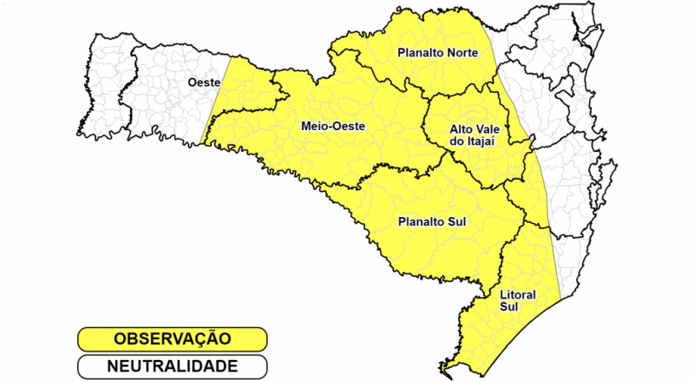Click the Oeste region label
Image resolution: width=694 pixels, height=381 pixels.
[x=204, y=82]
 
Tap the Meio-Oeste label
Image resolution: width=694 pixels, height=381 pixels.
[x=332, y=127]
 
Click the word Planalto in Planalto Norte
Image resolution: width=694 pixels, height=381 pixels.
[x=416, y=53]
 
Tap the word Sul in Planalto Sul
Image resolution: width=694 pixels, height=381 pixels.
[x=457, y=221]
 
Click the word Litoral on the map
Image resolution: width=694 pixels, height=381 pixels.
[x=517, y=295]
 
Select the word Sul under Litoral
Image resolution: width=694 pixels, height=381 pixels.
[x=509, y=307]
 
